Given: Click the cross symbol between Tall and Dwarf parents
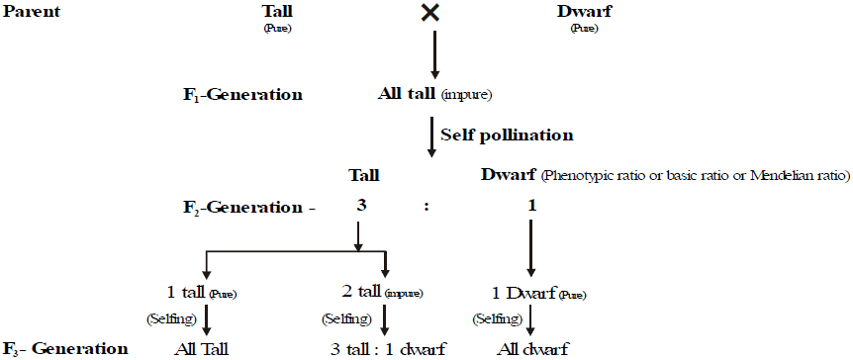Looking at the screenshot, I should click(x=429, y=13).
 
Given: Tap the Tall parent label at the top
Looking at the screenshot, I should click(x=277, y=12).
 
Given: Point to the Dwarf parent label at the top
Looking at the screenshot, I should click(x=585, y=12).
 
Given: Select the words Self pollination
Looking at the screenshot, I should click(x=508, y=134).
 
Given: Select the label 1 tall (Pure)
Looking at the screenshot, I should click(x=203, y=293).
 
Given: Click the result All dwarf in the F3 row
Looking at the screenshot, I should click(x=533, y=349).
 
